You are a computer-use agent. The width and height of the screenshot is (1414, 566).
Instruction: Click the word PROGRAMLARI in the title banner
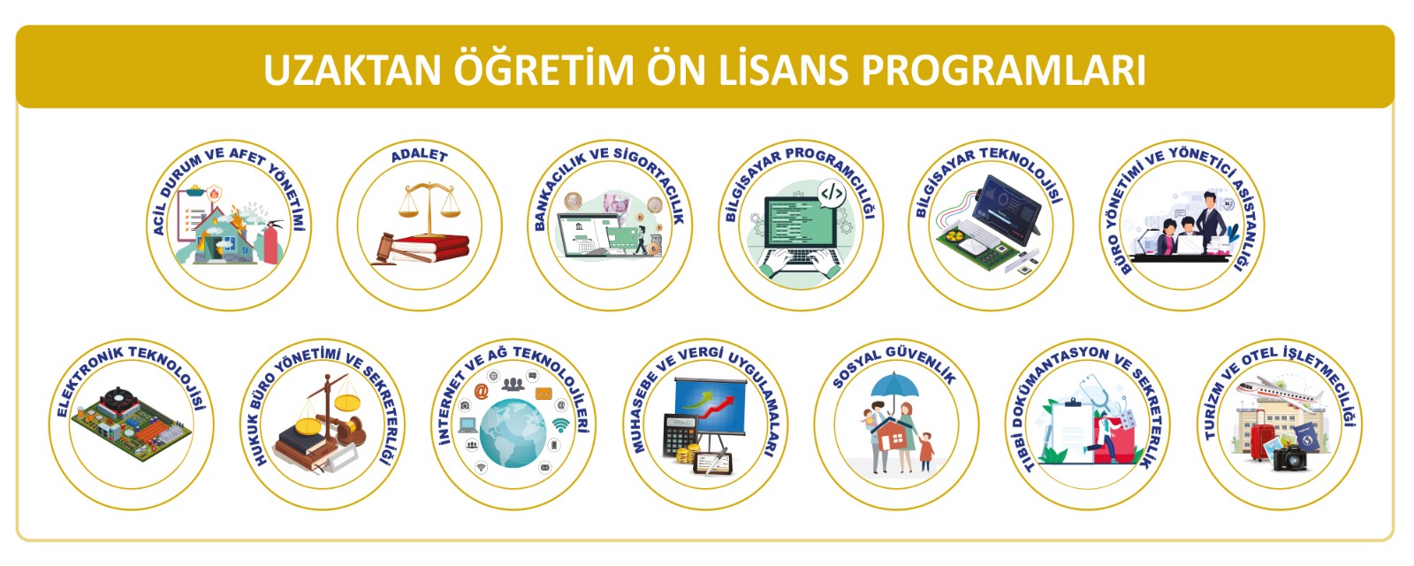click(x=1004, y=70)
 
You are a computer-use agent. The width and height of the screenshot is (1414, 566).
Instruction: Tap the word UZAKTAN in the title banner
click(x=352, y=70)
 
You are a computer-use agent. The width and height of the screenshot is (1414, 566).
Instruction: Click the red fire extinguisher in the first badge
click(x=270, y=242)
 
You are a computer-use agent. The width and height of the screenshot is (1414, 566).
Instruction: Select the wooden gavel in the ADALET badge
click(x=399, y=250)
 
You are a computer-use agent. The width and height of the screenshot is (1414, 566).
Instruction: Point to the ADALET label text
click(x=419, y=156)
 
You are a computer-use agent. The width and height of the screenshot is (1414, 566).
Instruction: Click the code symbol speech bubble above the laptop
click(x=832, y=194)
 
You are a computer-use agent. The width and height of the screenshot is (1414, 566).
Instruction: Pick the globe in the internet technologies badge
click(x=513, y=433)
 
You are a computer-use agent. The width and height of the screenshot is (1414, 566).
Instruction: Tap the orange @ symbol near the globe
click(x=482, y=392)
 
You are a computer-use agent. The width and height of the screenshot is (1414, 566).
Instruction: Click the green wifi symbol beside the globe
click(x=560, y=425)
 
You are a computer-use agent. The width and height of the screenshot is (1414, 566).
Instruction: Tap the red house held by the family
click(x=893, y=437)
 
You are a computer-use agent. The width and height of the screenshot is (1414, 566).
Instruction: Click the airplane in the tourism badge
click(x=1281, y=392)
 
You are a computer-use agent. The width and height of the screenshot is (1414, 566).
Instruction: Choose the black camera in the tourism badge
click(x=1290, y=457)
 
